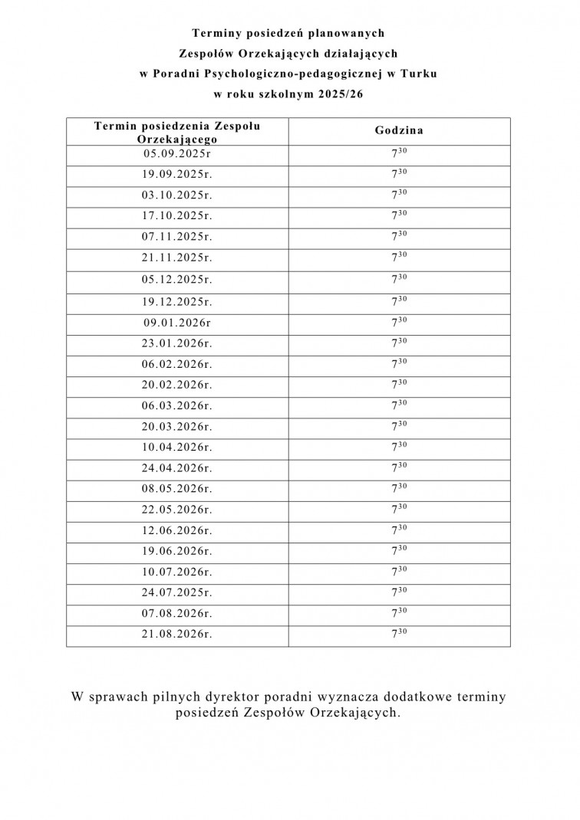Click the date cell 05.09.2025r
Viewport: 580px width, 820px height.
pos(177,153)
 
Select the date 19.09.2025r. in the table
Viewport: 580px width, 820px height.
pos(177,174)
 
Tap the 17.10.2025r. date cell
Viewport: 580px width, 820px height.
pos(177,216)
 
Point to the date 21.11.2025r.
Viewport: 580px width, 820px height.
pos(177,258)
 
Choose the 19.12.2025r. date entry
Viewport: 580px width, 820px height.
pos(177,301)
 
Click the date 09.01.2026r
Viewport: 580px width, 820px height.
pos(177,323)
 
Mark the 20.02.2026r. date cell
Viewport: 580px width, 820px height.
pos(177,385)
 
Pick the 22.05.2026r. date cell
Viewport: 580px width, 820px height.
pos(177,510)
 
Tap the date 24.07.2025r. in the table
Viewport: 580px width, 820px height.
pos(177,592)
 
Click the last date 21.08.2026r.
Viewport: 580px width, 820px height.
pos(177,634)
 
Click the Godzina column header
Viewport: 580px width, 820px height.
pos(399,131)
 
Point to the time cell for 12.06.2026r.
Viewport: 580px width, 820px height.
pos(399,530)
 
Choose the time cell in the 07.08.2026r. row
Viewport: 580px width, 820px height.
pos(399,612)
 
